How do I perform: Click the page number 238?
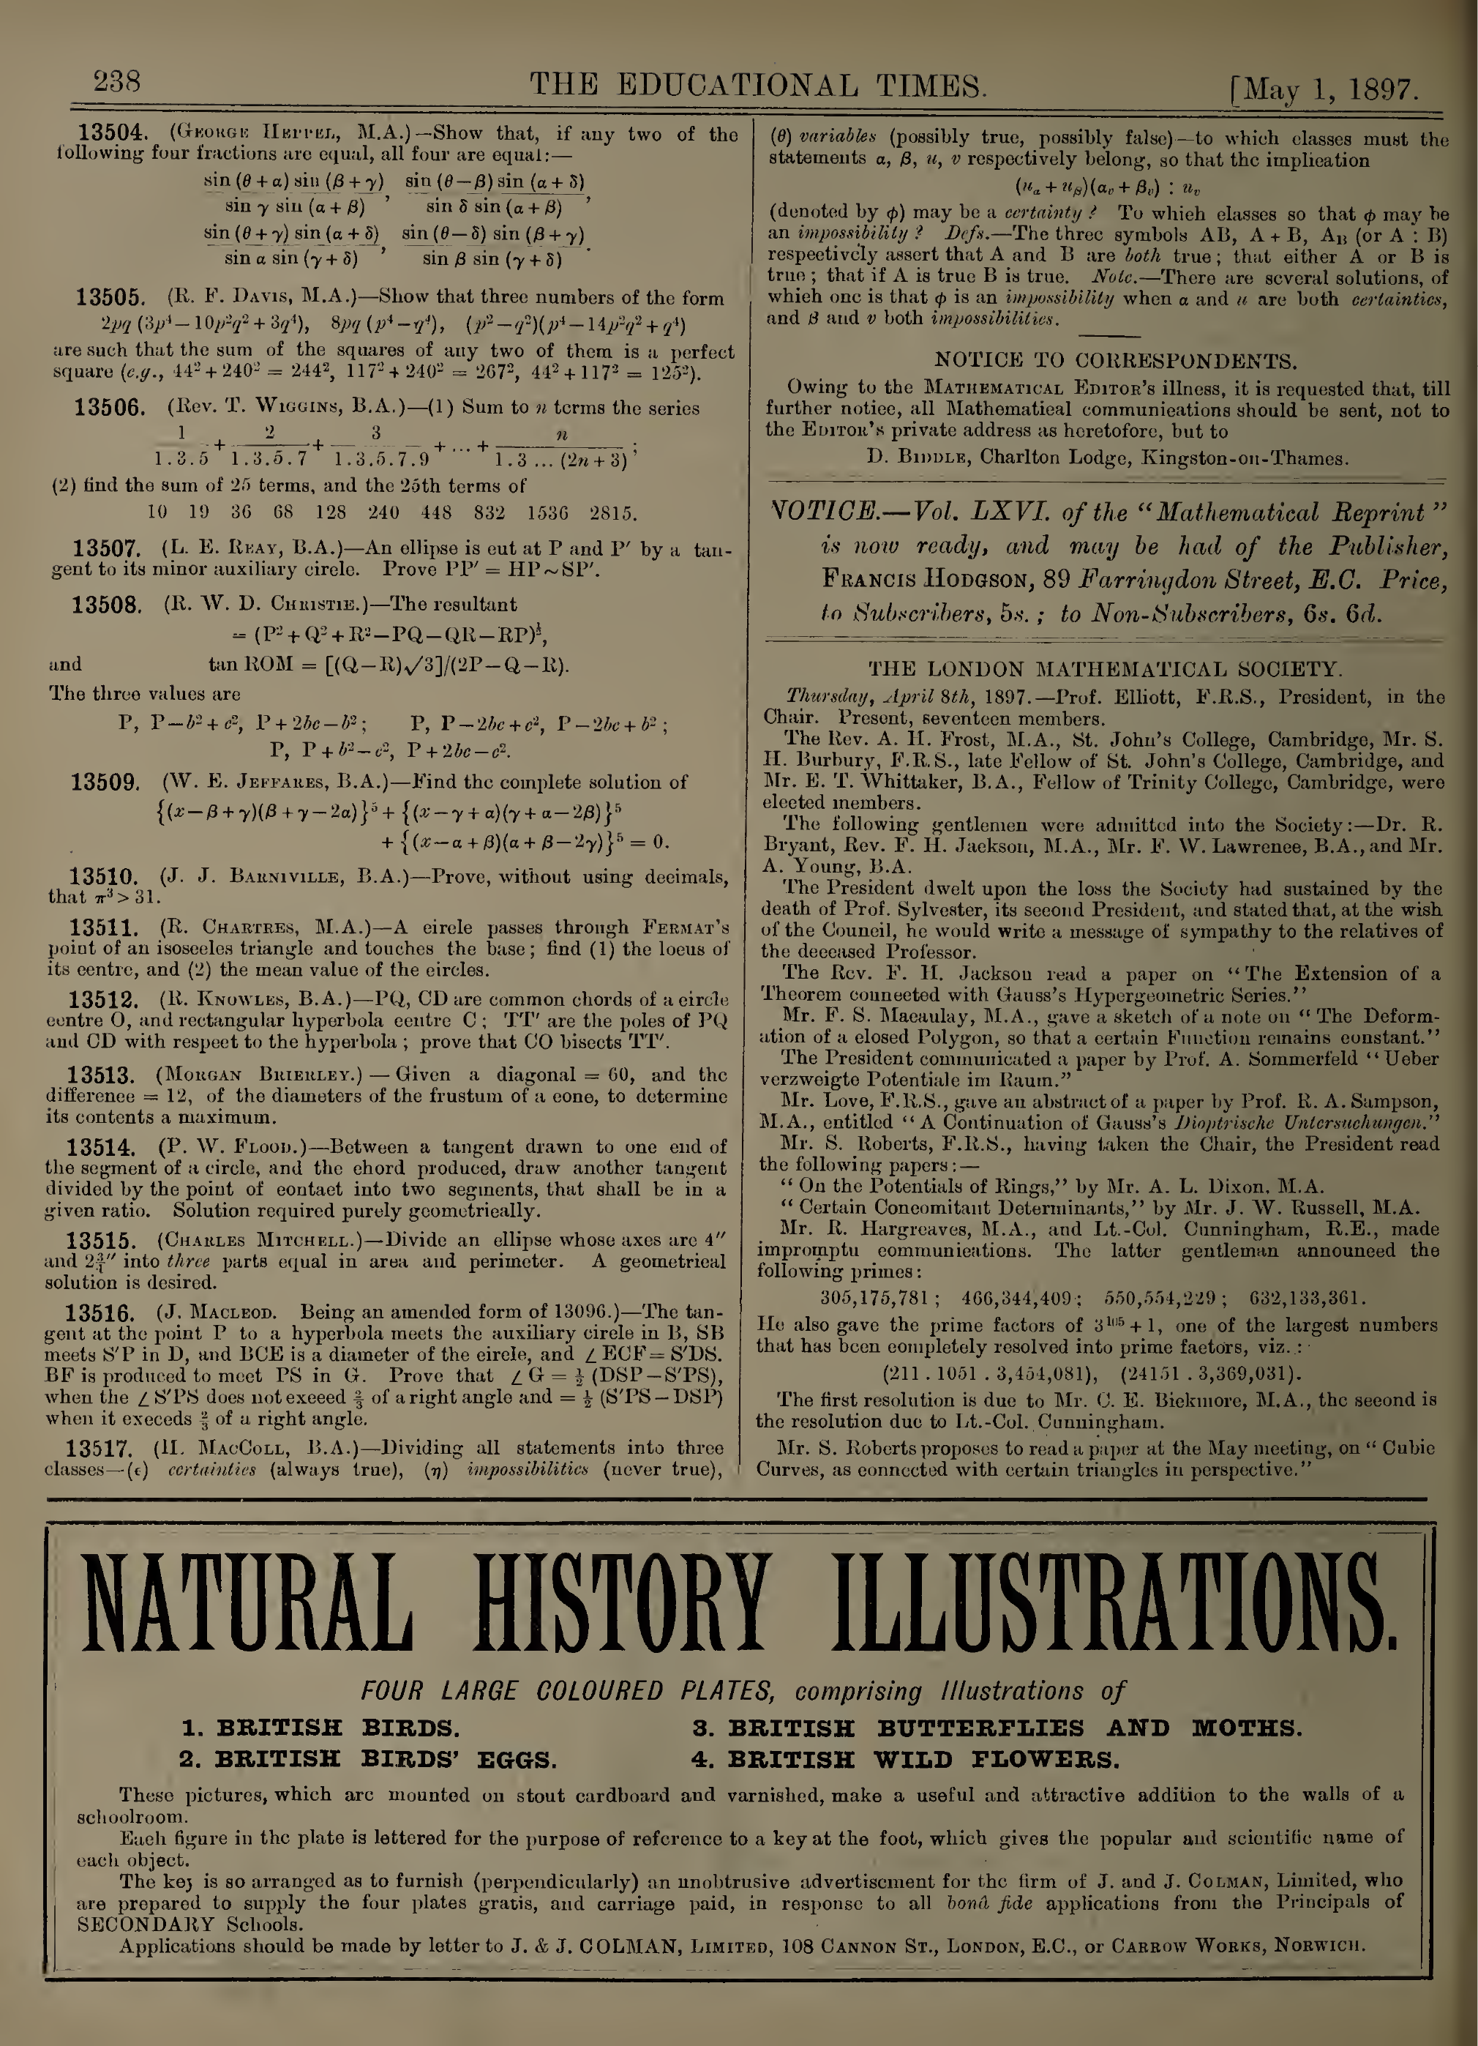(117, 83)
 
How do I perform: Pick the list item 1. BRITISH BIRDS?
(320, 1728)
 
